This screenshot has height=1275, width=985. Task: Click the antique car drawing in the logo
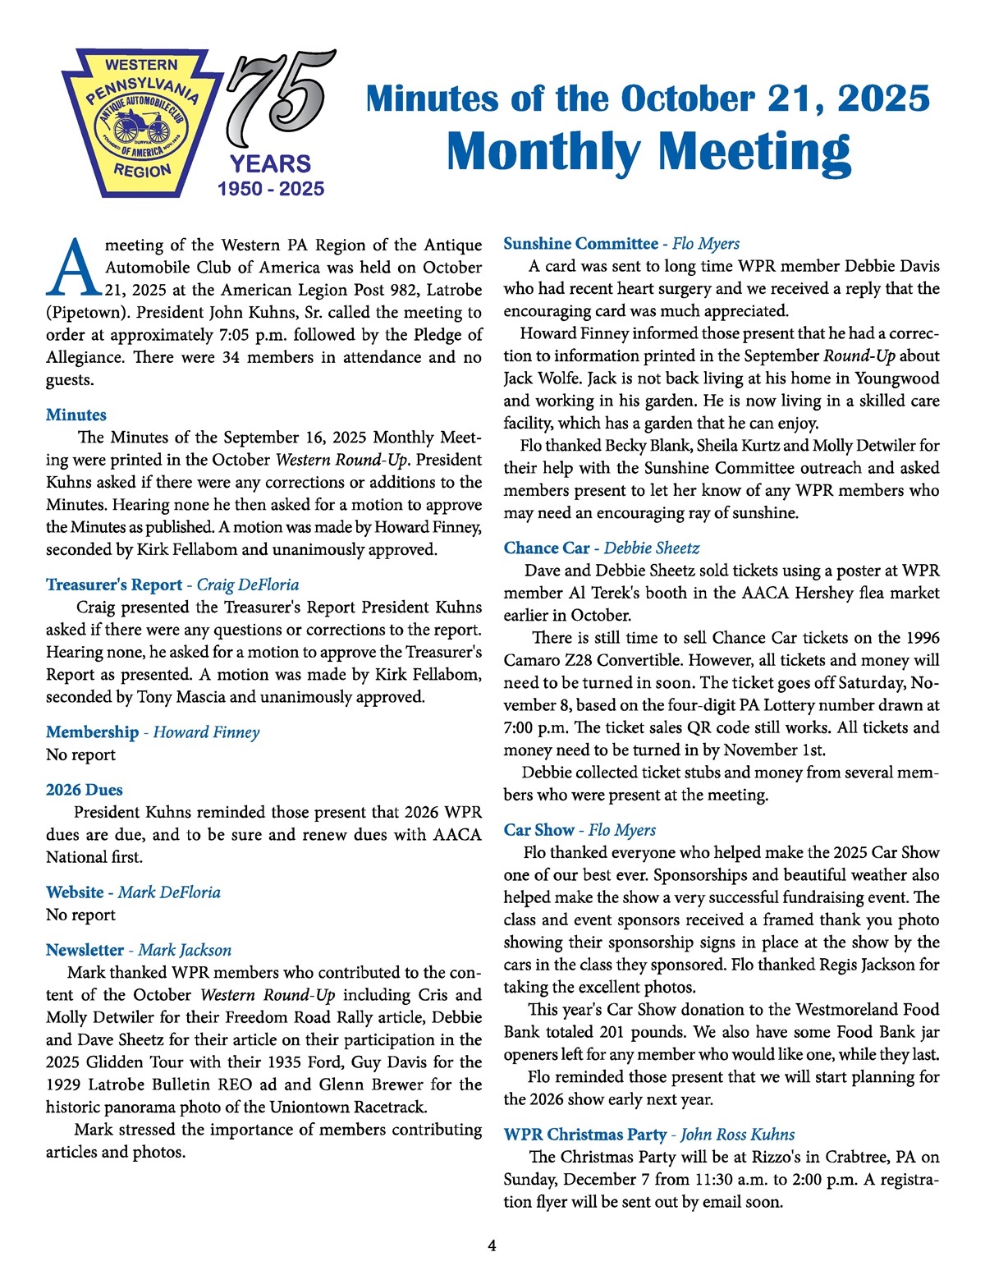(x=140, y=128)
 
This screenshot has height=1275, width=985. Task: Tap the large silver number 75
(x=279, y=97)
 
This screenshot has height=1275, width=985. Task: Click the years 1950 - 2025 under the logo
(x=271, y=189)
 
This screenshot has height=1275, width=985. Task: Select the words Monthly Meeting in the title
(x=648, y=152)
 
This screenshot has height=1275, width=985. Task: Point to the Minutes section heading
(x=76, y=415)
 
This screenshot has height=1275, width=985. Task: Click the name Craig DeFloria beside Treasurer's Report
(x=248, y=585)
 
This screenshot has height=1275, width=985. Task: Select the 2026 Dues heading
(x=85, y=790)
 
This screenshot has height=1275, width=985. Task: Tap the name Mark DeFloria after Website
(x=169, y=892)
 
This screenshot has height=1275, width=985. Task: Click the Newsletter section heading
(x=85, y=950)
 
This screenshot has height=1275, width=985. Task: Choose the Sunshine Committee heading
(x=580, y=243)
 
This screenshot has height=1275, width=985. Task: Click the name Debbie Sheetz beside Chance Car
(x=652, y=548)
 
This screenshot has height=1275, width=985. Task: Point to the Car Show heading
(x=538, y=830)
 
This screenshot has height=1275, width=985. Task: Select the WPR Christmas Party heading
(x=584, y=1135)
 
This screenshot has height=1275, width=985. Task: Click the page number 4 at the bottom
(x=492, y=1245)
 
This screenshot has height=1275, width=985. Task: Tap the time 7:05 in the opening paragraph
(x=245, y=335)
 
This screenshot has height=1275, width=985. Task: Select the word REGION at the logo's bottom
(x=143, y=171)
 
